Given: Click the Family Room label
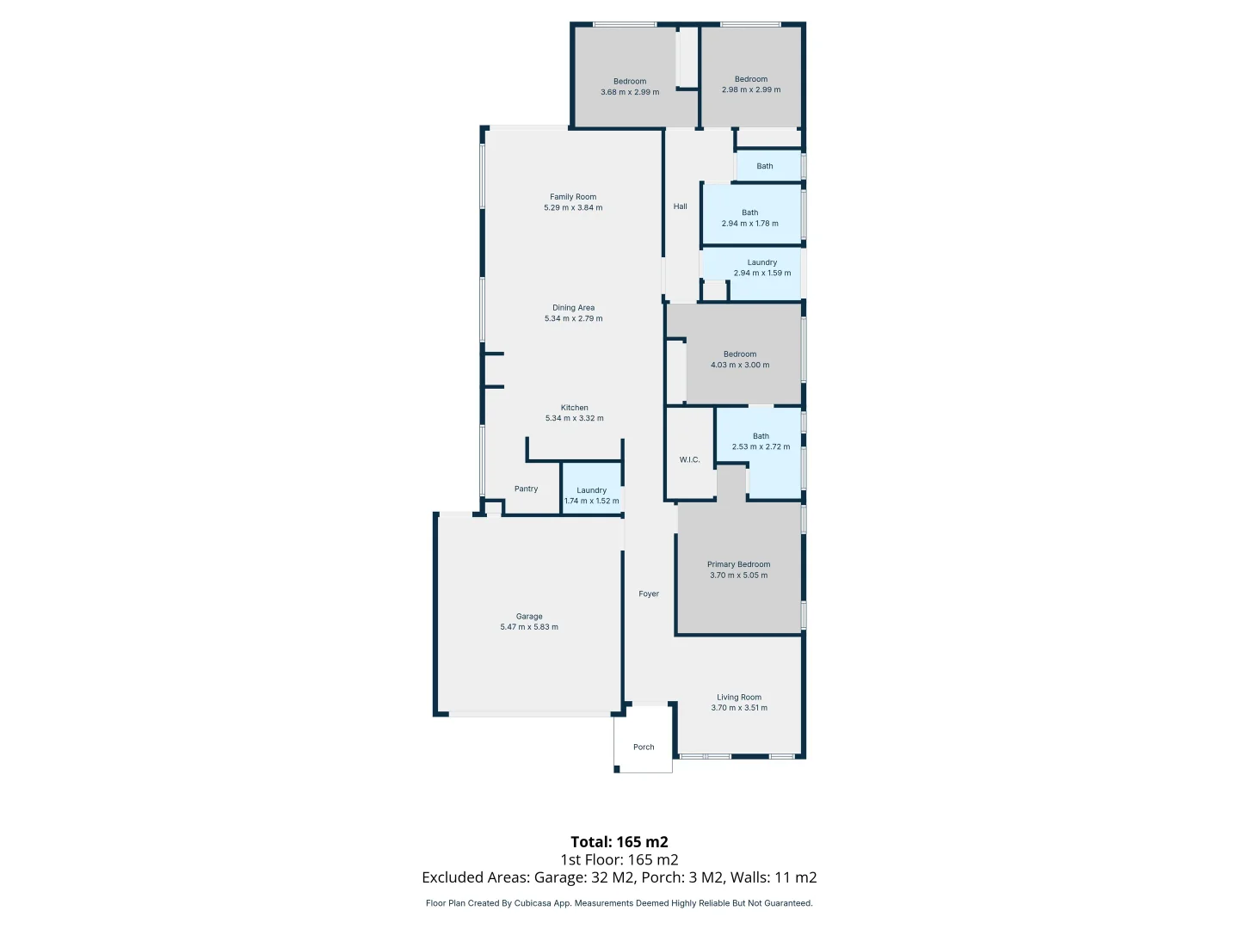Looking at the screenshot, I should click(573, 197).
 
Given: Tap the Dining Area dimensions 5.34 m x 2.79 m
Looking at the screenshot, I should click(573, 318).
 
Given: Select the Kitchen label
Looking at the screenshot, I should click(574, 408).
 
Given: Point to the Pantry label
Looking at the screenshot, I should click(526, 489).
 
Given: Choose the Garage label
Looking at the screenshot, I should click(529, 617).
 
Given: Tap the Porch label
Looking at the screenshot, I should click(644, 747).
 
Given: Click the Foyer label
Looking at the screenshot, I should click(649, 594).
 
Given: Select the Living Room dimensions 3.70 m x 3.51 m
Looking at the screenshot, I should click(739, 708).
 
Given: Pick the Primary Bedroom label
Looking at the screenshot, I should click(738, 564).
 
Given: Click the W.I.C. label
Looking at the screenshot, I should click(689, 459).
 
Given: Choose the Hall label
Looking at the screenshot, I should click(680, 206).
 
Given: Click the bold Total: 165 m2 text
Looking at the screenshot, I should click(619, 842).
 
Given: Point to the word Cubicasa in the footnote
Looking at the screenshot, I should click(533, 903).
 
